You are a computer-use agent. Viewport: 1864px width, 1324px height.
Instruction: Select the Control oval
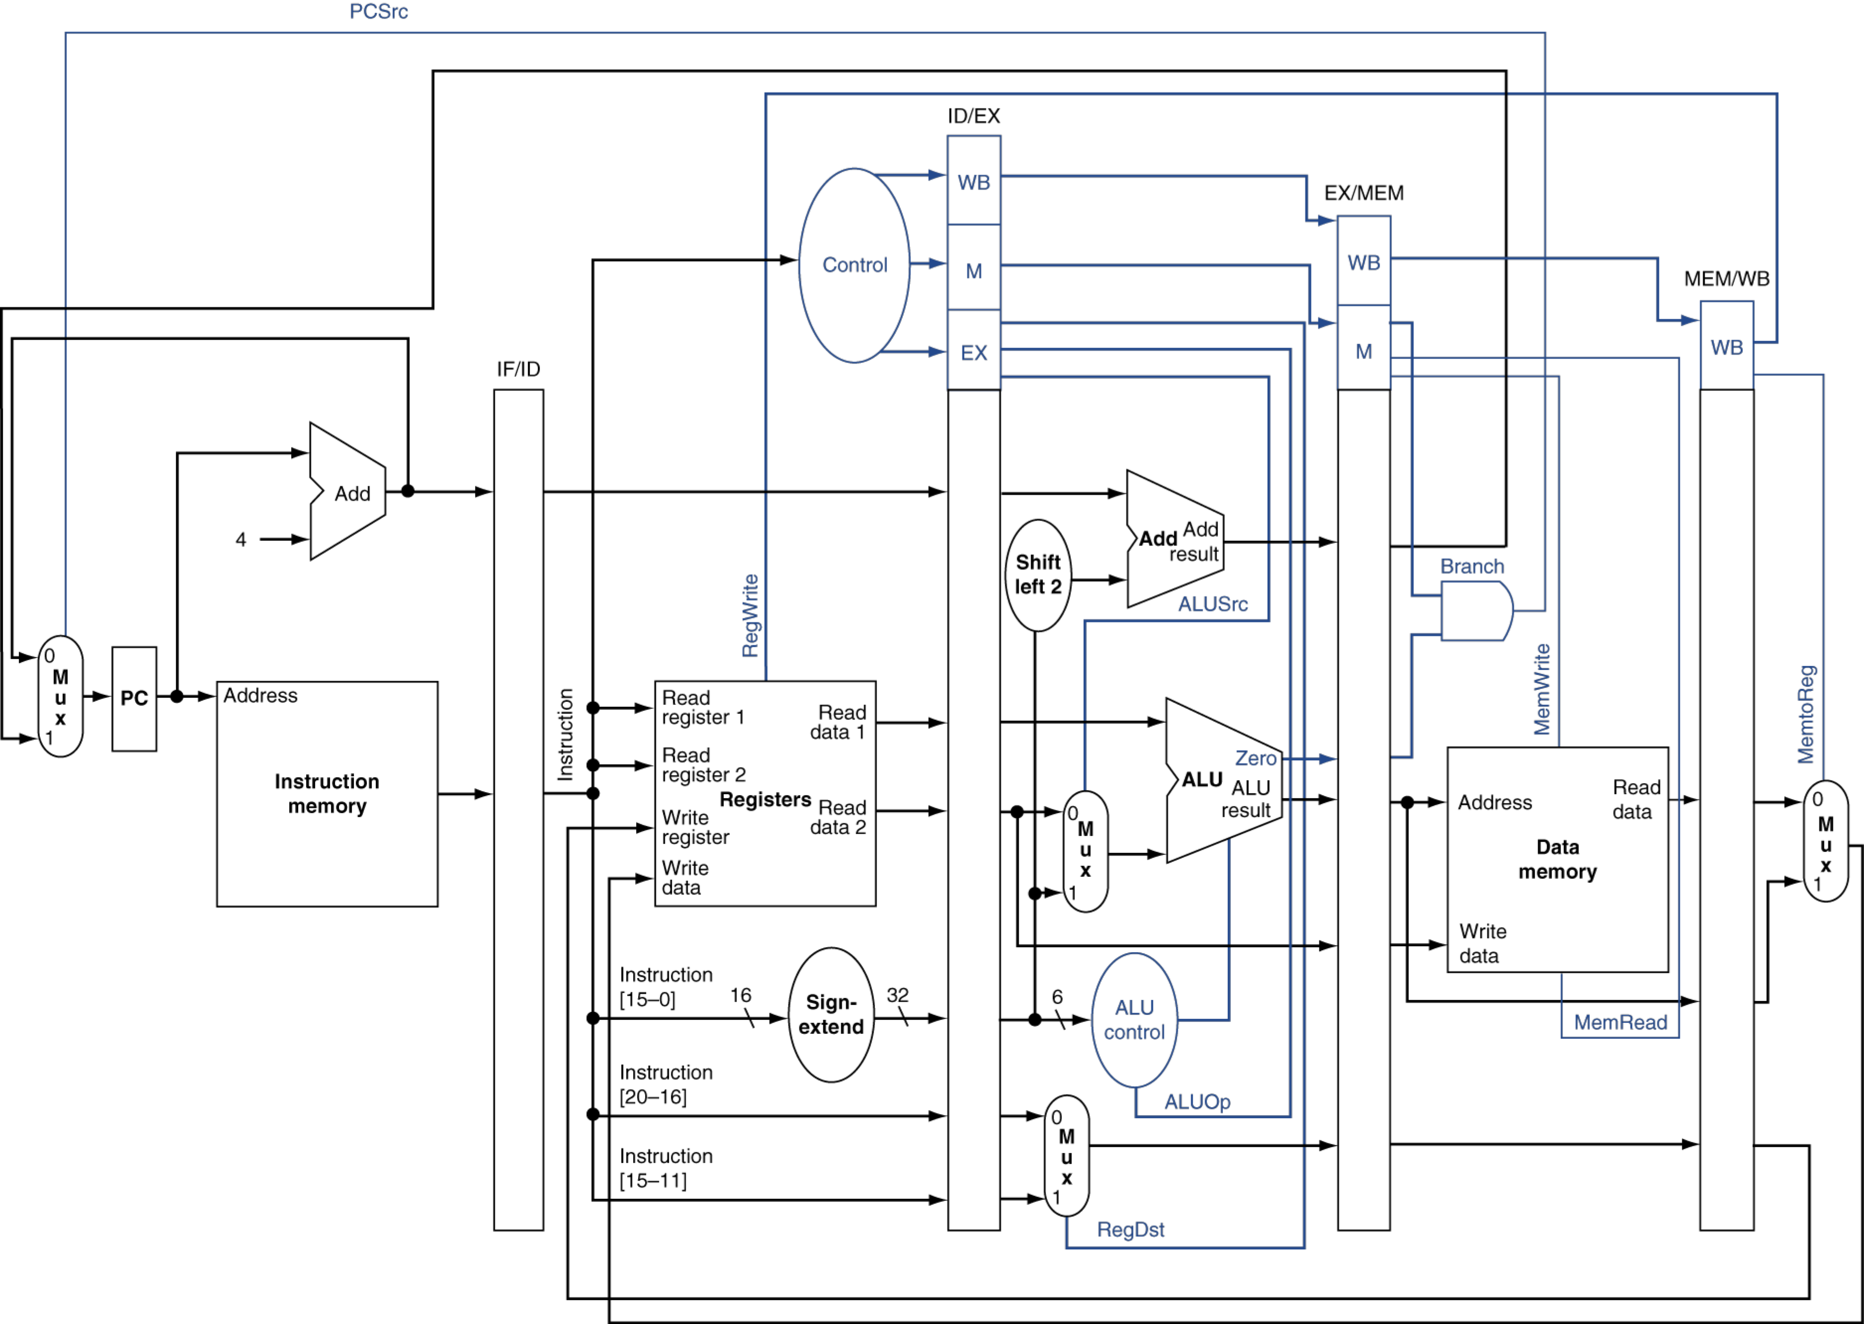(854, 265)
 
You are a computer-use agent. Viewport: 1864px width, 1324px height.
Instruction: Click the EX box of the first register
(974, 352)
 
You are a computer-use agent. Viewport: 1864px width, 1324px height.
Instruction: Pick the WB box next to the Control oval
(974, 181)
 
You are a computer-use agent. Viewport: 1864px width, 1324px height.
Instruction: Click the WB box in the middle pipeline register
(1363, 262)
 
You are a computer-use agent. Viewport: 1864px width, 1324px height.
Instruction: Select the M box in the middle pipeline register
(1363, 350)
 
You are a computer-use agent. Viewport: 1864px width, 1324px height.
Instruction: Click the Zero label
(1256, 759)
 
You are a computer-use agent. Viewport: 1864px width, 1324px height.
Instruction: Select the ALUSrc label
(1212, 604)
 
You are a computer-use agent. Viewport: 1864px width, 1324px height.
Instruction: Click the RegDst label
(1130, 1230)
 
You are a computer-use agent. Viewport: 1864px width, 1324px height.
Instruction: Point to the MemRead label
(1619, 1022)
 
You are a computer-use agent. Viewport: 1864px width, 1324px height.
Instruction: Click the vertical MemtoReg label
(1805, 714)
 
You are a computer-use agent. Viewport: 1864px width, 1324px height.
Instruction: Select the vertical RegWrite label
(750, 615)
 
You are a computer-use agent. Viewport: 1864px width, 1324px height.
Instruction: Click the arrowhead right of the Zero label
(1328, 759)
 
